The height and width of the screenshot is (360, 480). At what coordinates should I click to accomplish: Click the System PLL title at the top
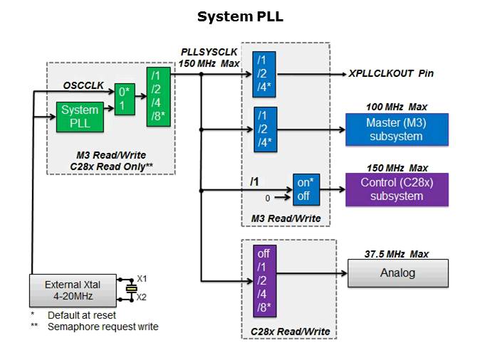pos(240,16)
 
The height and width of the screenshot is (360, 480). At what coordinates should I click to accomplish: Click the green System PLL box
pos(80,117)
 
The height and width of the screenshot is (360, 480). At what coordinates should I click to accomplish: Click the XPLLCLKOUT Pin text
pos(391,73)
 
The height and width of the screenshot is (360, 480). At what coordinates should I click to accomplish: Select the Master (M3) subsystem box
pos(397,129)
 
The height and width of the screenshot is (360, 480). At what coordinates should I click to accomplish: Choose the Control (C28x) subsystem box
pos(397,189)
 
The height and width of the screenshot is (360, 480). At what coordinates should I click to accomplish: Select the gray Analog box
pos(397,272)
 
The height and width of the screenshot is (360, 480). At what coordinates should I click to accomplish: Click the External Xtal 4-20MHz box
pos(73,289)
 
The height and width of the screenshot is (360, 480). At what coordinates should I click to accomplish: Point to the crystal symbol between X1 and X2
pos(130,288)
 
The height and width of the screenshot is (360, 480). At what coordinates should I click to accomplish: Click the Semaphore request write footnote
pos(103,327)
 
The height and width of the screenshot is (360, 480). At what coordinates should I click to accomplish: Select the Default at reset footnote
pos(82,315)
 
